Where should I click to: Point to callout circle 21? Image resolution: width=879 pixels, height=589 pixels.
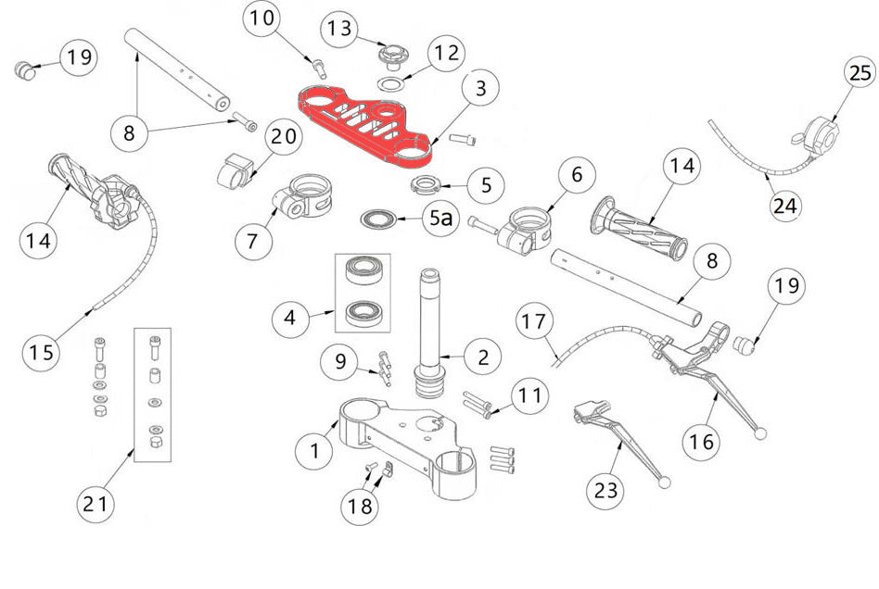97,505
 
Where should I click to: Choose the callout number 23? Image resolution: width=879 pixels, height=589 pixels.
608,489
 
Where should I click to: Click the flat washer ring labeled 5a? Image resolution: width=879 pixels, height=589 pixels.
379,219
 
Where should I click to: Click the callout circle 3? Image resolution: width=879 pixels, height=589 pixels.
480,91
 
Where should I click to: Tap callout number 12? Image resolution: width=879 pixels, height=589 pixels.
446,53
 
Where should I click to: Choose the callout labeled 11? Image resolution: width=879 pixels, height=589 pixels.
529,396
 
